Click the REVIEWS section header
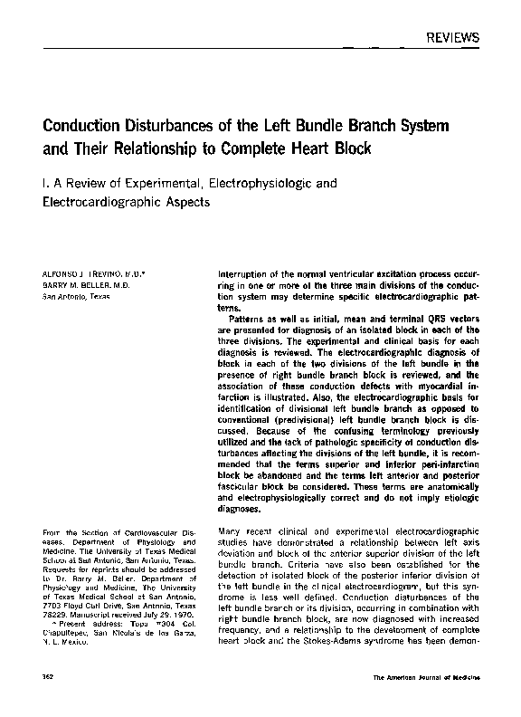tap(450, 37)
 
